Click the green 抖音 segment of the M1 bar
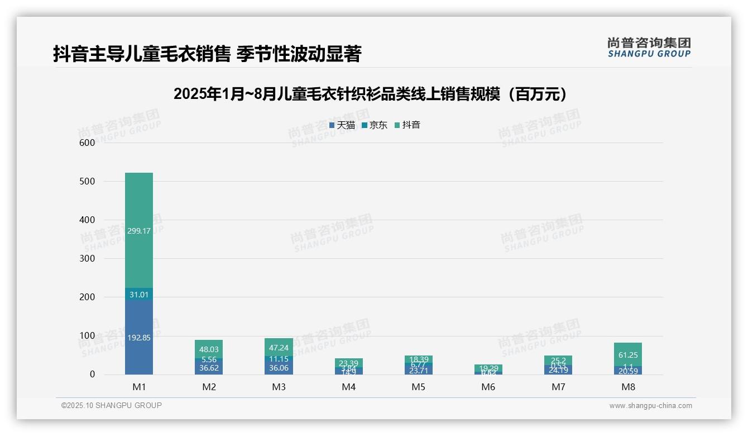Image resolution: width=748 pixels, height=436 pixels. click(x=139, y=230)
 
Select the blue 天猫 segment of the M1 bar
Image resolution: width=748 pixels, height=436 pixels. click(x=139, y=337)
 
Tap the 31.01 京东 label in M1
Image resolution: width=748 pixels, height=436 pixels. click(x=139, y=295)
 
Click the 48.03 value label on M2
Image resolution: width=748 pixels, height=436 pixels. click(x=209, y=349)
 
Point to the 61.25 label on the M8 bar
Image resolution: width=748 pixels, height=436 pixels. click(x=628, y=354)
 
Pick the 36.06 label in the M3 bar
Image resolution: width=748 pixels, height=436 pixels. click(x=279, y=368)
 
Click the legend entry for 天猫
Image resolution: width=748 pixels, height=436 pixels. click(x=342, y=125)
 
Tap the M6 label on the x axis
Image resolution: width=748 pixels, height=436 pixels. click(x=488, y=387)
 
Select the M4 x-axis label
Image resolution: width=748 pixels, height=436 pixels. click(x=349, y=387)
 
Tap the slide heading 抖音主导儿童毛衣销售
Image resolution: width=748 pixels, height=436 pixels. click(x=207, y=54)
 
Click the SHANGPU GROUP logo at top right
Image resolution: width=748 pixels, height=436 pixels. click(x=649, y=48)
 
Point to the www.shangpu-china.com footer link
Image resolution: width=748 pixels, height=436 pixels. click(x=650, y=406)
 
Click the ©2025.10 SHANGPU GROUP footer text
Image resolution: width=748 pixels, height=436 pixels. click(x=112, y=406)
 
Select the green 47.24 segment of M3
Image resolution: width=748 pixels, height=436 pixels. click(x=279, y=347)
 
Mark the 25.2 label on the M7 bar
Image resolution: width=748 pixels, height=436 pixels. click(x=558, y=360)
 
